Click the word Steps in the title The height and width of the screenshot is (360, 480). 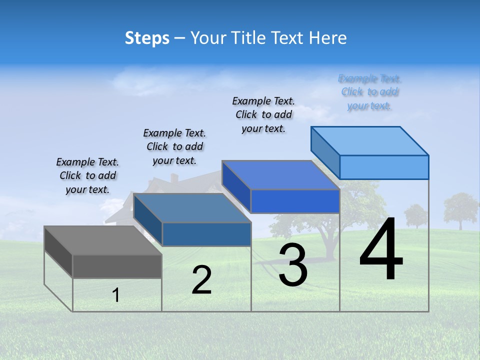tap(147, 38)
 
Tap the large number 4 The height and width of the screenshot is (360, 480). tap(381, 249)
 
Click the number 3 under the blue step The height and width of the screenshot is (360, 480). tap(292, 265)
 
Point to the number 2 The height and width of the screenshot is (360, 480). tap(201, 280)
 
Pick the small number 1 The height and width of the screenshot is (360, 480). tap(116, 295)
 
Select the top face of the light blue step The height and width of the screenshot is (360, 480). tap(370, 140)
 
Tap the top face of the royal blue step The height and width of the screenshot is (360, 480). tap(280, 175)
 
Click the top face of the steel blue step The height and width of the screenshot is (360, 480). tap(192, 208)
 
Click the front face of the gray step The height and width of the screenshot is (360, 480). tap(117, 266)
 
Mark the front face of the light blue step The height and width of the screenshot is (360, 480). tap(384, 167)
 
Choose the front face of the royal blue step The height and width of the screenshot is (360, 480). tap(295, 201)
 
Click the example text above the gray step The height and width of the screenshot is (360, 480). tap(87, 175)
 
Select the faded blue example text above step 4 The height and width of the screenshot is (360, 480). tap(369, 92)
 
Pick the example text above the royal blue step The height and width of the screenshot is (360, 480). tap(263, 114)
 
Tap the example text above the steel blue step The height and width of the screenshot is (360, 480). tap(174, 146)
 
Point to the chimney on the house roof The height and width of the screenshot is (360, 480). tap(174, 178)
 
